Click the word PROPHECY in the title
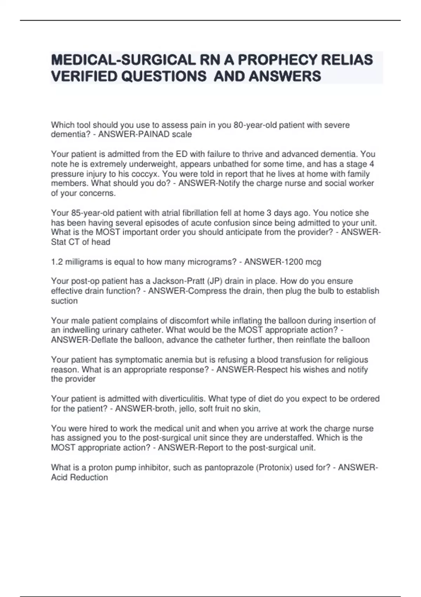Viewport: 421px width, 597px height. click(x=277, y=60)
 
